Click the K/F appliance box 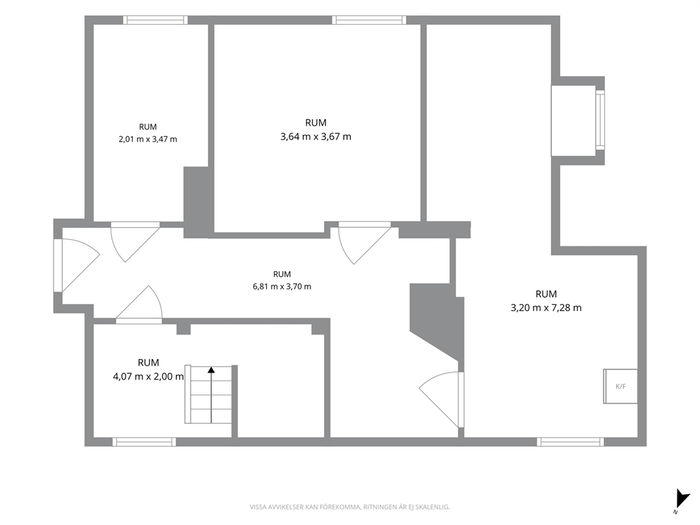(x=620, y=386)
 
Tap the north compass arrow (x=681, y=498)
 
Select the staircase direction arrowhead (x=211, y=370)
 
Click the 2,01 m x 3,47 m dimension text (x=147, y=139)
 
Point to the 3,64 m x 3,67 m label (x=315, y=137)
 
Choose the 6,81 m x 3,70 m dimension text (x=282, y=286)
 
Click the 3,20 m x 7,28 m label (x=546, y=308)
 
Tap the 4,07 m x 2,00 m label (x=148, y=376)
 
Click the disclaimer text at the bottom (x=349, y=507)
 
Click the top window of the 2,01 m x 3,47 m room (x=155, y=20)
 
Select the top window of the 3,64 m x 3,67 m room (x=369, y=20)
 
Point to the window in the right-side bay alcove (x=600, y=120)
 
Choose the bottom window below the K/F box (x=571, y=442)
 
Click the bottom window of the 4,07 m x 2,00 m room (x=144, y=442)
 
